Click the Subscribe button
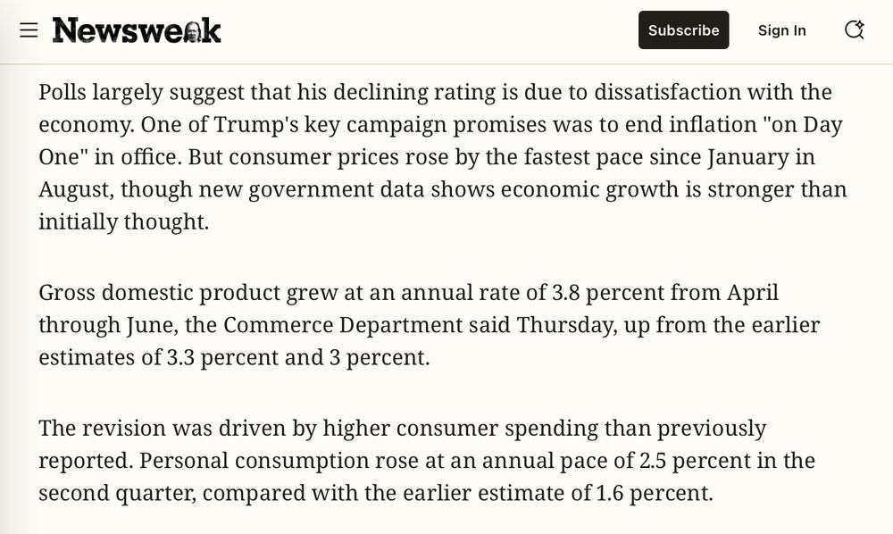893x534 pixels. tap(683, 30)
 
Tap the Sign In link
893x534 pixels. tap(781, 30)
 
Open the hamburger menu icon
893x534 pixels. tap(29, 30)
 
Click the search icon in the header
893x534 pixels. tap(854, 30)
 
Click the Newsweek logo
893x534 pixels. tap(137, 30)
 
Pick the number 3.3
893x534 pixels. tap(181, 357)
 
